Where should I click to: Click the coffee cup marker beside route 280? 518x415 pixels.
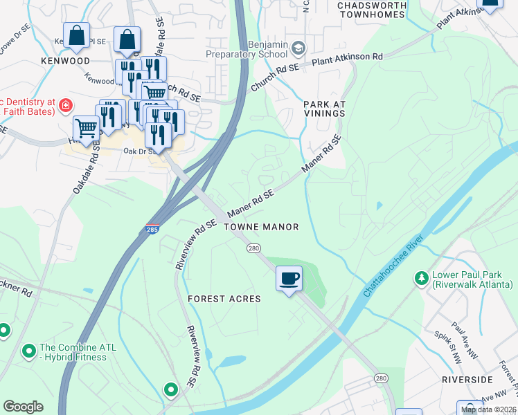click(289, 279)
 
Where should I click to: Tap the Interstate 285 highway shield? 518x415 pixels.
click(152, 229)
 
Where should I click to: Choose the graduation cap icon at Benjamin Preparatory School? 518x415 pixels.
click(298, 48)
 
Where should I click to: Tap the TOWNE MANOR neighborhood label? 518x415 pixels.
click(262, 227)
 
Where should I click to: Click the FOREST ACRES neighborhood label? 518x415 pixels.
click(224, 299)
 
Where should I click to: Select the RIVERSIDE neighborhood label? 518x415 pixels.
click(467, 380)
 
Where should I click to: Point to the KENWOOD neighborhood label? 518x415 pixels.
click(65, 62)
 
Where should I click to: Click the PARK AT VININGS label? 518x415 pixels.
click(324, 109)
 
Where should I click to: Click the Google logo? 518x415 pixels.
click(23, 407)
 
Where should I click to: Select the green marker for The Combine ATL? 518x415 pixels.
click(28, 352)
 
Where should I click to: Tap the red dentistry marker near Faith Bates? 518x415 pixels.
click(65, 105)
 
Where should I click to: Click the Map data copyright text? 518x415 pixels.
click(488, 409)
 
